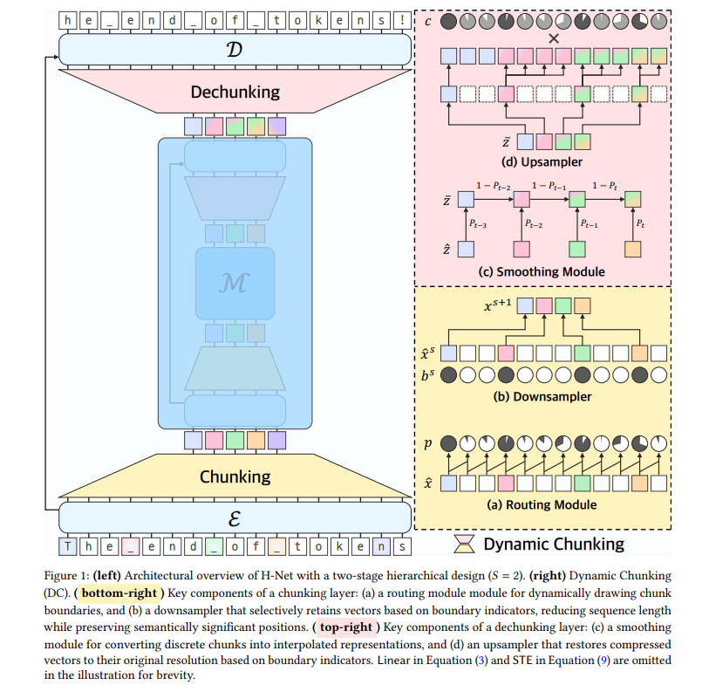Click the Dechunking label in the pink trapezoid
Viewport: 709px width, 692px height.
tap(235, 91)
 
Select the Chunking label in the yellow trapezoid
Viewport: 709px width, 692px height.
tap(235, 476)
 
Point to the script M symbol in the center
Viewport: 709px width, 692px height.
tap(235, 284)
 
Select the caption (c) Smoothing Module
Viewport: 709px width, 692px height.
tap(542, 272)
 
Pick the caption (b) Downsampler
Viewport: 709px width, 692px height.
tap(542, 397)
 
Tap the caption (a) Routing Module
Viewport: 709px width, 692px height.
tap(542, 504)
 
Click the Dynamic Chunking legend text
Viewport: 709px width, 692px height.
tap(554, 545)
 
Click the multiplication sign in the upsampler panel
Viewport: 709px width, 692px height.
tap(551, 38)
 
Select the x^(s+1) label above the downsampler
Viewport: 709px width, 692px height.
tap(500, 305)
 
